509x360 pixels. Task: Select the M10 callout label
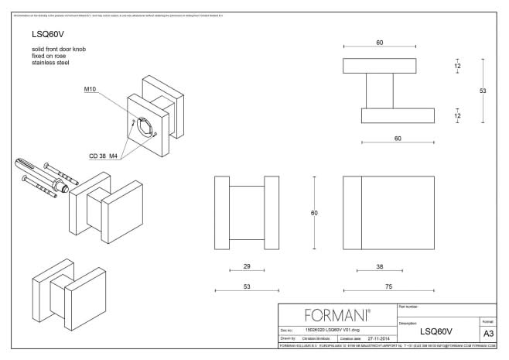coord(91,90)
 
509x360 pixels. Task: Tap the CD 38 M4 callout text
coord(103,156)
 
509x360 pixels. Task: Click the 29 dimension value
coord(247,266)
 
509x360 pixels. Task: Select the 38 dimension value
coord(378,266)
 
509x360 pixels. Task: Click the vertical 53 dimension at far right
coord(483,91)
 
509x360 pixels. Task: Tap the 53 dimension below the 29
coord(247,286)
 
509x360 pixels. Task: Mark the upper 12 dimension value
coord(457,67)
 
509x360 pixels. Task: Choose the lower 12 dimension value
coord(457,115)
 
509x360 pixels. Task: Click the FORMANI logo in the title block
coord(337,316)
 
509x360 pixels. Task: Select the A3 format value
coord(487,333)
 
